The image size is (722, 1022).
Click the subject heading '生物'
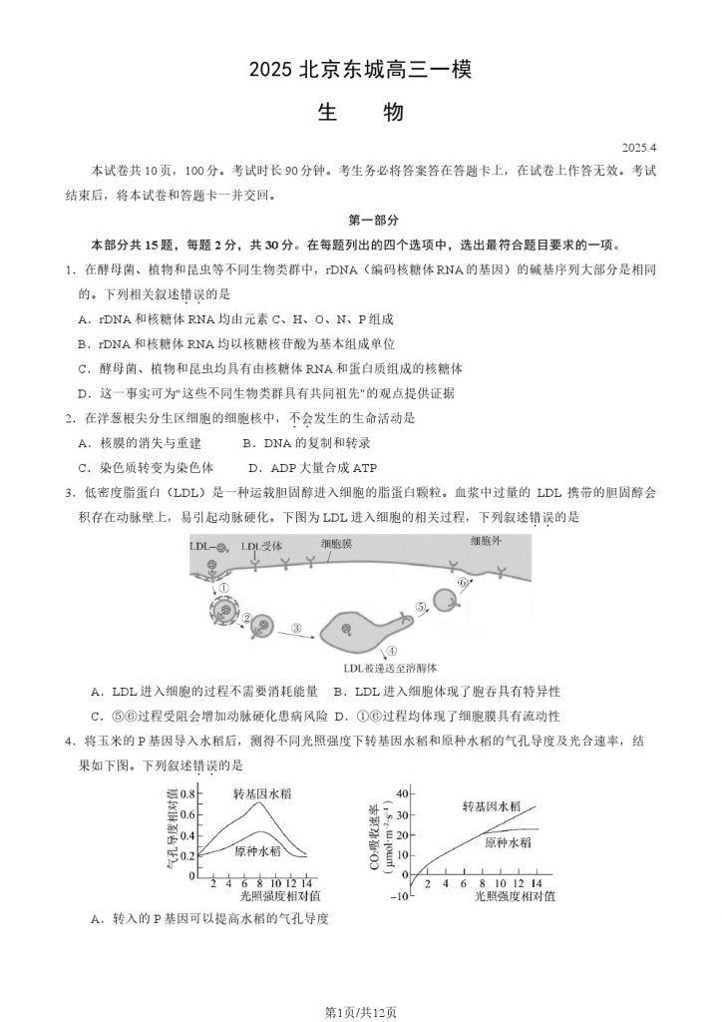tap(360, 112)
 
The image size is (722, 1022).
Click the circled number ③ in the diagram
tap(296, 628)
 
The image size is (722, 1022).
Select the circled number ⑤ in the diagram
tap(421, 606)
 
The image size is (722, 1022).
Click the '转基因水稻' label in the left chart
tap(264, 794)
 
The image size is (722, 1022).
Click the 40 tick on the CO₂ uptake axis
tap(402, 793)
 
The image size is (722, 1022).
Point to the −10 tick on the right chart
tap(399, 896)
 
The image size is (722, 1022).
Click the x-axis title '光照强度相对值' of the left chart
tap(252, 896)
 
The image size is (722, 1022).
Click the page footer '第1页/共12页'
tap(360, 1012)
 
